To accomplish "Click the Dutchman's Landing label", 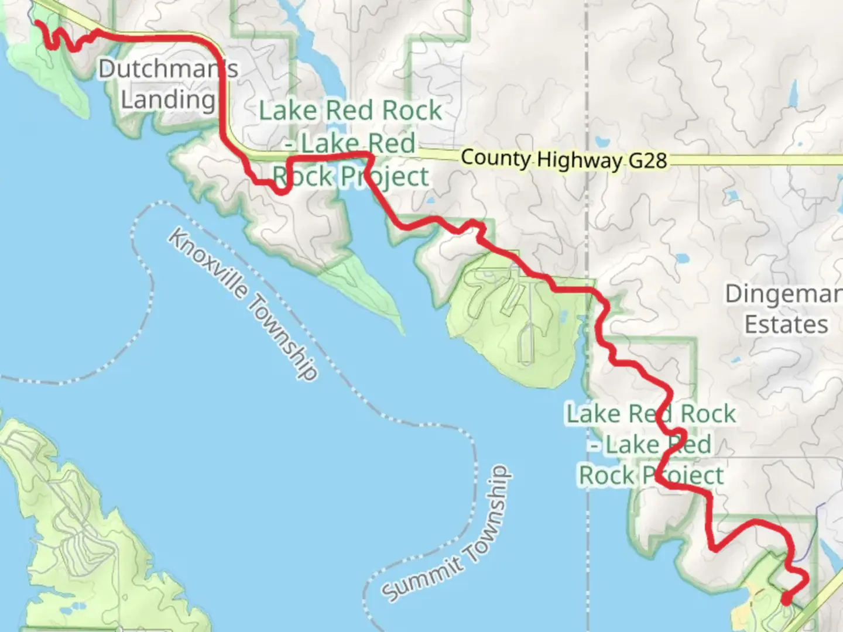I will (168, 84).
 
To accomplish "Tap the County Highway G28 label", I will (563, 159).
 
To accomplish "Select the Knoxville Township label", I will (244, 304).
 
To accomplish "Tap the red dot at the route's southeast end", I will (786, 599).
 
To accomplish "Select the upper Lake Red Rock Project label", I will (351, 143).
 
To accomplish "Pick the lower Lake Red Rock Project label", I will (651, 445).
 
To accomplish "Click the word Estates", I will (786, 325).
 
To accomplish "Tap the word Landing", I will (168, 99).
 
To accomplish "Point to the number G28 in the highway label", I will (647, 160).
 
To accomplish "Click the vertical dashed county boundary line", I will (587, 222).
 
